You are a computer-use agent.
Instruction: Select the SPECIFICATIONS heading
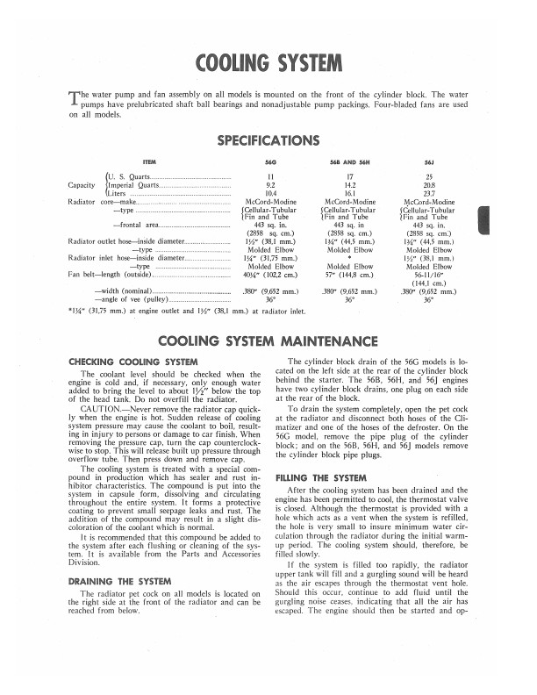click(x=268, y=140)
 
